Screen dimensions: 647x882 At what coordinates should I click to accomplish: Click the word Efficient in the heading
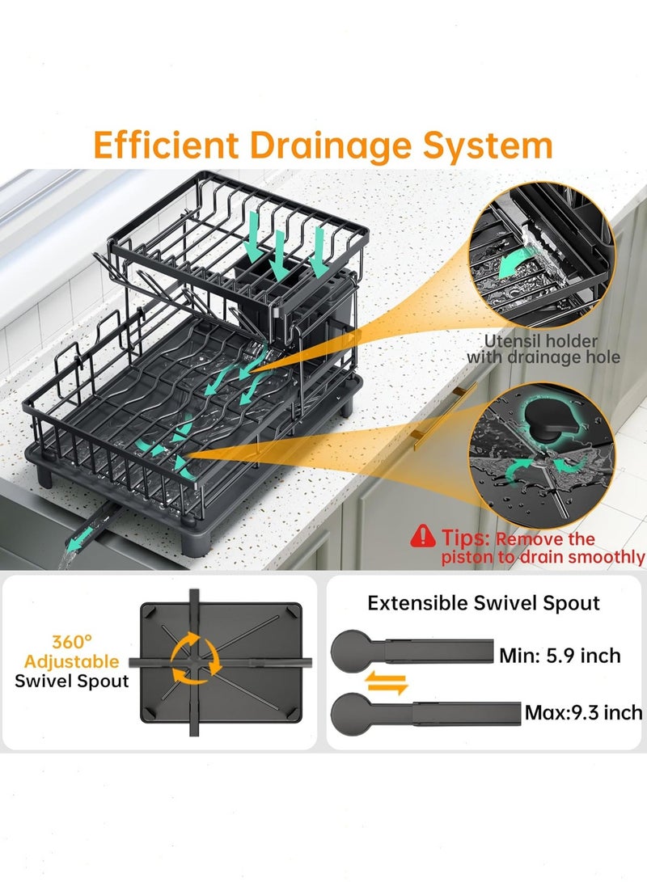[166, 145]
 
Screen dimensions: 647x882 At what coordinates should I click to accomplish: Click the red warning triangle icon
[422, 536]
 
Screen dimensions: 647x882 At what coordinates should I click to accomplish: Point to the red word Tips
[465, 538]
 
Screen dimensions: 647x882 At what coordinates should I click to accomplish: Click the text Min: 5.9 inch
[560, 656]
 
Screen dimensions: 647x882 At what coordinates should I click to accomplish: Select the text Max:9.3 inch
[583, 713]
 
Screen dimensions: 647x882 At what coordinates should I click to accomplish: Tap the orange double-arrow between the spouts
[386, 683]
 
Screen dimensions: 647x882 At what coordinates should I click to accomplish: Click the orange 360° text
[71, 641]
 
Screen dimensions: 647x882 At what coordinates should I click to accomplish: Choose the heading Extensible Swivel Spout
[484, 604]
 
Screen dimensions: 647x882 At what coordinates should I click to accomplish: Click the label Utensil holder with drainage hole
[543, 348]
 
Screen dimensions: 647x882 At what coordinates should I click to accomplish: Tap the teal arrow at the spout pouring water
[78, 539]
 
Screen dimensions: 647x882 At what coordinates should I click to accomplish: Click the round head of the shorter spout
[351, 651]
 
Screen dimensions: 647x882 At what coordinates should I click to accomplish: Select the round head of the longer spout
[351, 713]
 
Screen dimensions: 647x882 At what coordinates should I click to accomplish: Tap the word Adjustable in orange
[71, 661]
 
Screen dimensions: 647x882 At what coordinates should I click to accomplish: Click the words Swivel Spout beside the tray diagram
[71, 682]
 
